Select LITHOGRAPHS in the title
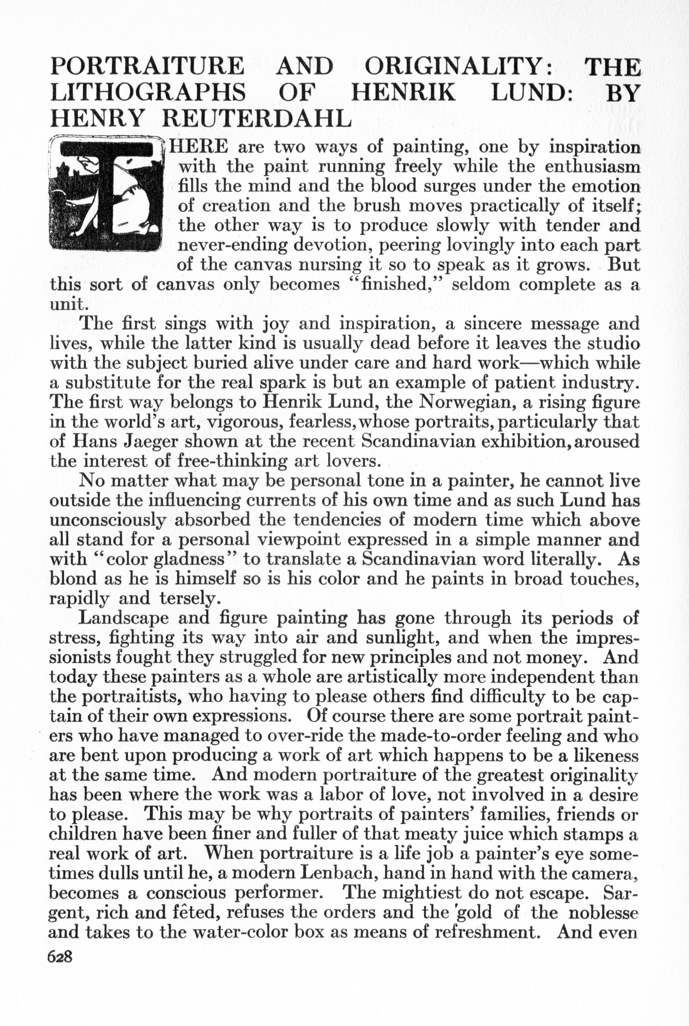coord(148,92)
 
